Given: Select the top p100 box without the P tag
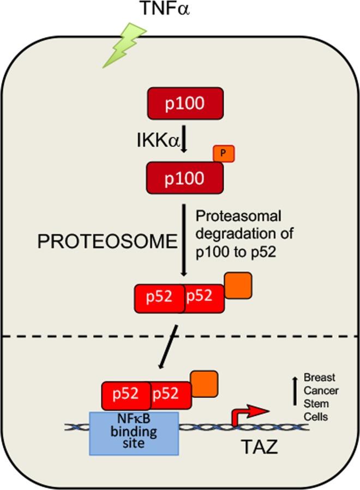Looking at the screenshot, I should [x=184, y=103].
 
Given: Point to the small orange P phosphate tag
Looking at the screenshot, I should [x=224, y=155].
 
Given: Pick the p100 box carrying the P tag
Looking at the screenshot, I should [x=184, y=178].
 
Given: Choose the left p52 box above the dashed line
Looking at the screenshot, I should [x=160, y=298].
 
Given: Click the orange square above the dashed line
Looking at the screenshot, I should [x=238, y=286].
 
